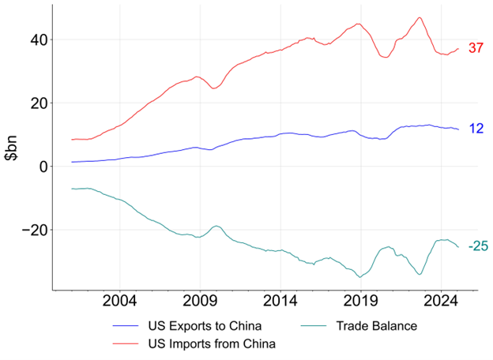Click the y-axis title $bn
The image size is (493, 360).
tap(12, 147)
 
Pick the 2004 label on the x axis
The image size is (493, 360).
tap(120, 302)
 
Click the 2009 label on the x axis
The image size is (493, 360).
tap(200, 302)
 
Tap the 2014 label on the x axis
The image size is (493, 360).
tap(280, 302)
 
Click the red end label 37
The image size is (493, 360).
tap(476, 48)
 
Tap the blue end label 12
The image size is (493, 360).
tap(476, 128)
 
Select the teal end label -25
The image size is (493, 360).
tap(477, 247)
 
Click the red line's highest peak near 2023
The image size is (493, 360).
tap(420, 17)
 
